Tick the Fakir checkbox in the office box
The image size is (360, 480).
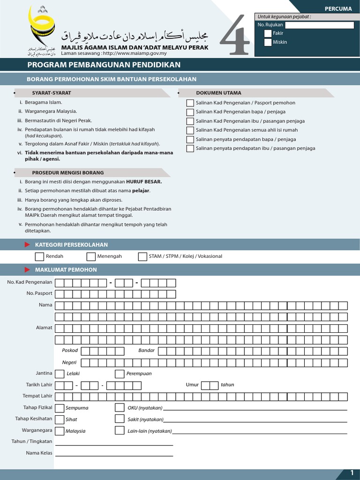pyautogui.click(x=268, y=33)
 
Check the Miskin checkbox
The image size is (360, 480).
pyautogui.click(x=268, y=42)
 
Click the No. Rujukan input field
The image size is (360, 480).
pyautogui.click(x=319, y=25)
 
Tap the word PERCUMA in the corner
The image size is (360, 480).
pyautogui.click(x=338, y=8)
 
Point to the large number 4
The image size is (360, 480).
pyautogui.click(x=234, y=35)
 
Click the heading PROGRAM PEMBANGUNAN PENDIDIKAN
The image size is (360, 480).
pyautogui.click(x=104, y=65)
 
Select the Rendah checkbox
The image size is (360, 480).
pyautogui.click(x=39, y=256)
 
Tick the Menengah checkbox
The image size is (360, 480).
pyautogui.click(x=91, y=256)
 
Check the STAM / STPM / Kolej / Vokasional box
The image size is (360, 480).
pyautogui.click(x=142, y=256)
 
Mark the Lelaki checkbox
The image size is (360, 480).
pyautogui.click(x=60, y=374)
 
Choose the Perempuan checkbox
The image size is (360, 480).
pyautogui.click(x=120, y=374)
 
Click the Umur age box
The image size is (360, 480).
pyautogui.click(x=210, y=385)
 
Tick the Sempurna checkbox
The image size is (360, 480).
pyautogui.click(x=60, y=408)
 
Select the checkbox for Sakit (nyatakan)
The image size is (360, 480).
pyautogui.click(x=120, y=419)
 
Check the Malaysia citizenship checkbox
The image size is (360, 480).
pyautogui.click(x=60, y=431)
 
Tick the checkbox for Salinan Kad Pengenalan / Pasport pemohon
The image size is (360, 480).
pyautogui.click(x=190, y=103)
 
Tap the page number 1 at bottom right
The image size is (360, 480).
pyautogui.click(x=352, y=473)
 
